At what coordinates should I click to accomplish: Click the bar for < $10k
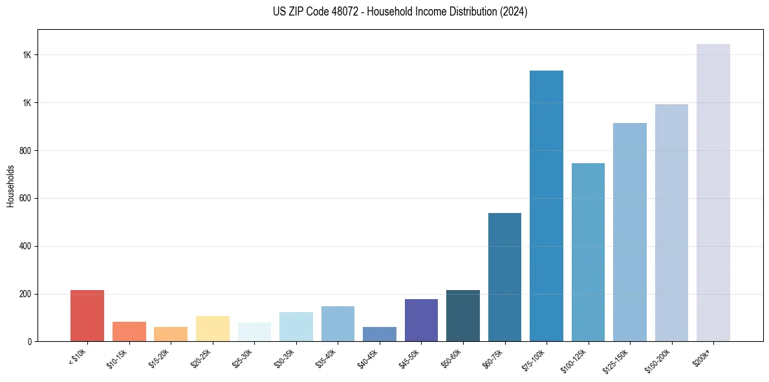pos(87,315)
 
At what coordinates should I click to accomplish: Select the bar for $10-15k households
pos(129,331)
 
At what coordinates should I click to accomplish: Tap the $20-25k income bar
pos(213,328)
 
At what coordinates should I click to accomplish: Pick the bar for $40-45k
pos(380,334)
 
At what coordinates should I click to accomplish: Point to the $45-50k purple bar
pos(421,320)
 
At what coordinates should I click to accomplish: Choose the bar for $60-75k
pos(504,277)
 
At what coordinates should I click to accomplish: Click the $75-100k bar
pos(547,206)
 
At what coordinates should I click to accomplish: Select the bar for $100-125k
pos(588,252)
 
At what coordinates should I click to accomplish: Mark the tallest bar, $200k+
pos(713,192)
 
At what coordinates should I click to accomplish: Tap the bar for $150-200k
pos(671,223)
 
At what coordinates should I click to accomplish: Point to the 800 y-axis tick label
pos(25,151)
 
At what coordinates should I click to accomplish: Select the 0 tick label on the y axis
pos(28,341)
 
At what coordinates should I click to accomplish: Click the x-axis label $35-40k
pos(327,358)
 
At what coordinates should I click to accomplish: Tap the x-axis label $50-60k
pos(452,358)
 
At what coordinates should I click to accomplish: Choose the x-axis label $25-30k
pos(244,358)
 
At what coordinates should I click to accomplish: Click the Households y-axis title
pos(10,186)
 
